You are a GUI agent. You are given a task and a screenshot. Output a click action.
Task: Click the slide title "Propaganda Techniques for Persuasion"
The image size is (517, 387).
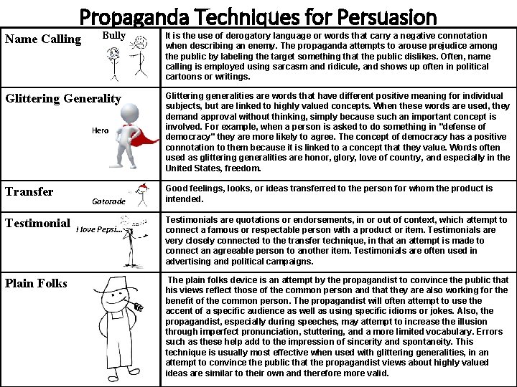(258, 15)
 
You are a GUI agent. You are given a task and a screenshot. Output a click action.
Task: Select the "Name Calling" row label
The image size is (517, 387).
(43, 39)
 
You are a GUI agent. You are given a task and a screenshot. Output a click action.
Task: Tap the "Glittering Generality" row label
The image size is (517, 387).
(63, 99)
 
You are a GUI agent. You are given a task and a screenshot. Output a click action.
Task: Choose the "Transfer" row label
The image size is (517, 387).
(29, 191)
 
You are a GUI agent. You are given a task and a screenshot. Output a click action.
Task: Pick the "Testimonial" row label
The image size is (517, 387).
(37, 224)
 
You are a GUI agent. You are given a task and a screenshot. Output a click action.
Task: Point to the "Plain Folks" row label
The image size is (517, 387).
(36, 283)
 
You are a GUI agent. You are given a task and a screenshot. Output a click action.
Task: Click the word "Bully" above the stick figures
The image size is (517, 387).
(113, 35)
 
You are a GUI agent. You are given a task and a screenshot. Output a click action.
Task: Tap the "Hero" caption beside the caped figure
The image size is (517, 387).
(100, 130)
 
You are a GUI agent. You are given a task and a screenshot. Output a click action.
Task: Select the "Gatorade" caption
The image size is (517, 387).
(108, 201)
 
